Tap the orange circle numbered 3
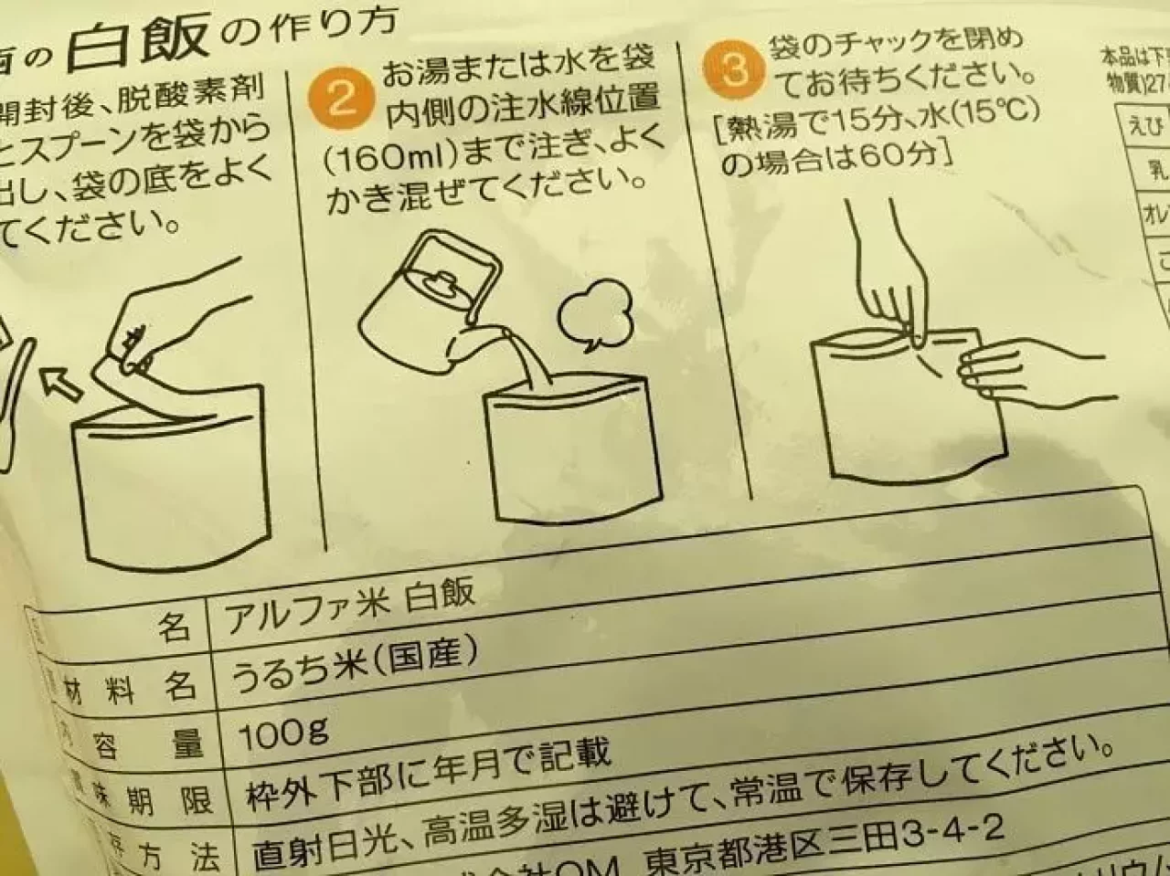[736, 70]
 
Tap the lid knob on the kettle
[441, 281]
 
